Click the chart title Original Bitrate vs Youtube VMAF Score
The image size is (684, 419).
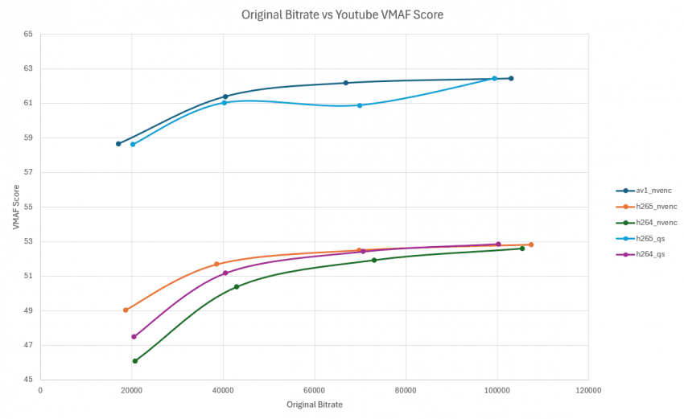(x=342, y=14)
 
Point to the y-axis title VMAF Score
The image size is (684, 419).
(x=16, y=207)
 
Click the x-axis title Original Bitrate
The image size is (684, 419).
(x=314, y=405)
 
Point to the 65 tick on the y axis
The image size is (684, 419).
(x=28, y=34)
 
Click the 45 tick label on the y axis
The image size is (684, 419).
(x=28, y=380)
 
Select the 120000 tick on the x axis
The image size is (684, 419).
(x=588, y=390)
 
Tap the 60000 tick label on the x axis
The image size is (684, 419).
(x=315, y=390)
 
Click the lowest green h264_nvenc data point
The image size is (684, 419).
(x=135, y=361)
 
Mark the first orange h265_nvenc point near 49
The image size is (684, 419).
(x=126, y=310)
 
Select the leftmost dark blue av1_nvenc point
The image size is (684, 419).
(x=118, y=144)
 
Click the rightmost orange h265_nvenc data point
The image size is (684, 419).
(x=531, y=244)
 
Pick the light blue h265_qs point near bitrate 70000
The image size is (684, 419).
(x=360, y=105)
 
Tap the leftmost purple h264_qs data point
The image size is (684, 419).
(x=134, y=337)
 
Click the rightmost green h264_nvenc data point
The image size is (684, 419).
(x=522, y=249)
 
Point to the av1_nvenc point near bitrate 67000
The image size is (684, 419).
(x=346, y=83)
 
